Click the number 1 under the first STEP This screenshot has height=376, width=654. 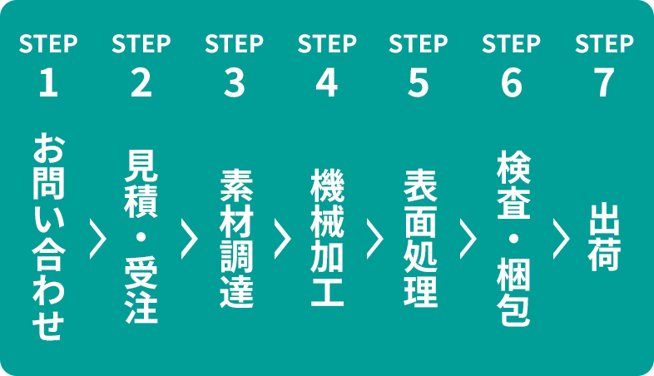coord(48,82)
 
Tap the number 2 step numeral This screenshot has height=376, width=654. coord(141,82)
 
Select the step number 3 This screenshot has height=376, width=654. coord(234,82)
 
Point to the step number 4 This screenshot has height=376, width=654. coord(327,82)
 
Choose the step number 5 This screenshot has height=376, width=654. coord(419,82)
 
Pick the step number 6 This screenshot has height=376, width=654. coord(512,82)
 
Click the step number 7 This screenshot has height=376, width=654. coord(604,82)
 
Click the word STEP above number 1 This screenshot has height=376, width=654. coord(48,43)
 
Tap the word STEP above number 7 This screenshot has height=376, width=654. coord(604,43)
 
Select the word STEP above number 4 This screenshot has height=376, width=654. coord(327,43)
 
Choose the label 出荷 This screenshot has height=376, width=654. coord(604,237)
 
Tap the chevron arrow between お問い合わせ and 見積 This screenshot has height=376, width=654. coord(98,239)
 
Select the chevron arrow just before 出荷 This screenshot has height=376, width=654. coord(561,239)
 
